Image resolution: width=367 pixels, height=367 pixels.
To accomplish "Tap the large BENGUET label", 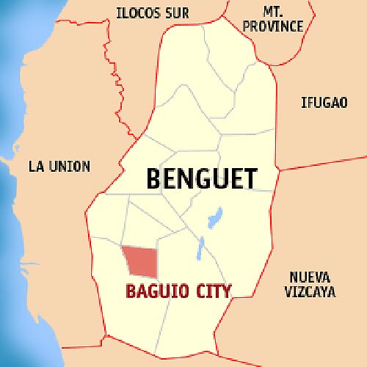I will pos(203,178).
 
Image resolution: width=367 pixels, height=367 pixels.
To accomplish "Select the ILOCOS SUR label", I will pos(153,12).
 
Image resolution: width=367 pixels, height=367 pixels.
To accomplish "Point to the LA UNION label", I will pos(59,166).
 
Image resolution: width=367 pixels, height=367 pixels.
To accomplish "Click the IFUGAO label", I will pos(323,102).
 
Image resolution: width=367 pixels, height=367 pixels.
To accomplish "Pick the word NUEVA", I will pos(309,277).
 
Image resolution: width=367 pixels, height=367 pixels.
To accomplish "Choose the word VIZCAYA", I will pos(311,291).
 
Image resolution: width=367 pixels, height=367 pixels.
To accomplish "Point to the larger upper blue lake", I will pos(214,217).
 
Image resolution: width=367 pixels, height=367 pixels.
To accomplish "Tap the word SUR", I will pos(178,12).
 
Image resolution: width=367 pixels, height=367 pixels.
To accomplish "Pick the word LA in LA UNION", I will pos(34,166).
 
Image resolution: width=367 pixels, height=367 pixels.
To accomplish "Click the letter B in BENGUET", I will pos(154,178).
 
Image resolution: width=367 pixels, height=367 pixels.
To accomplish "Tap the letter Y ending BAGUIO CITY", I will pos(226,291).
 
